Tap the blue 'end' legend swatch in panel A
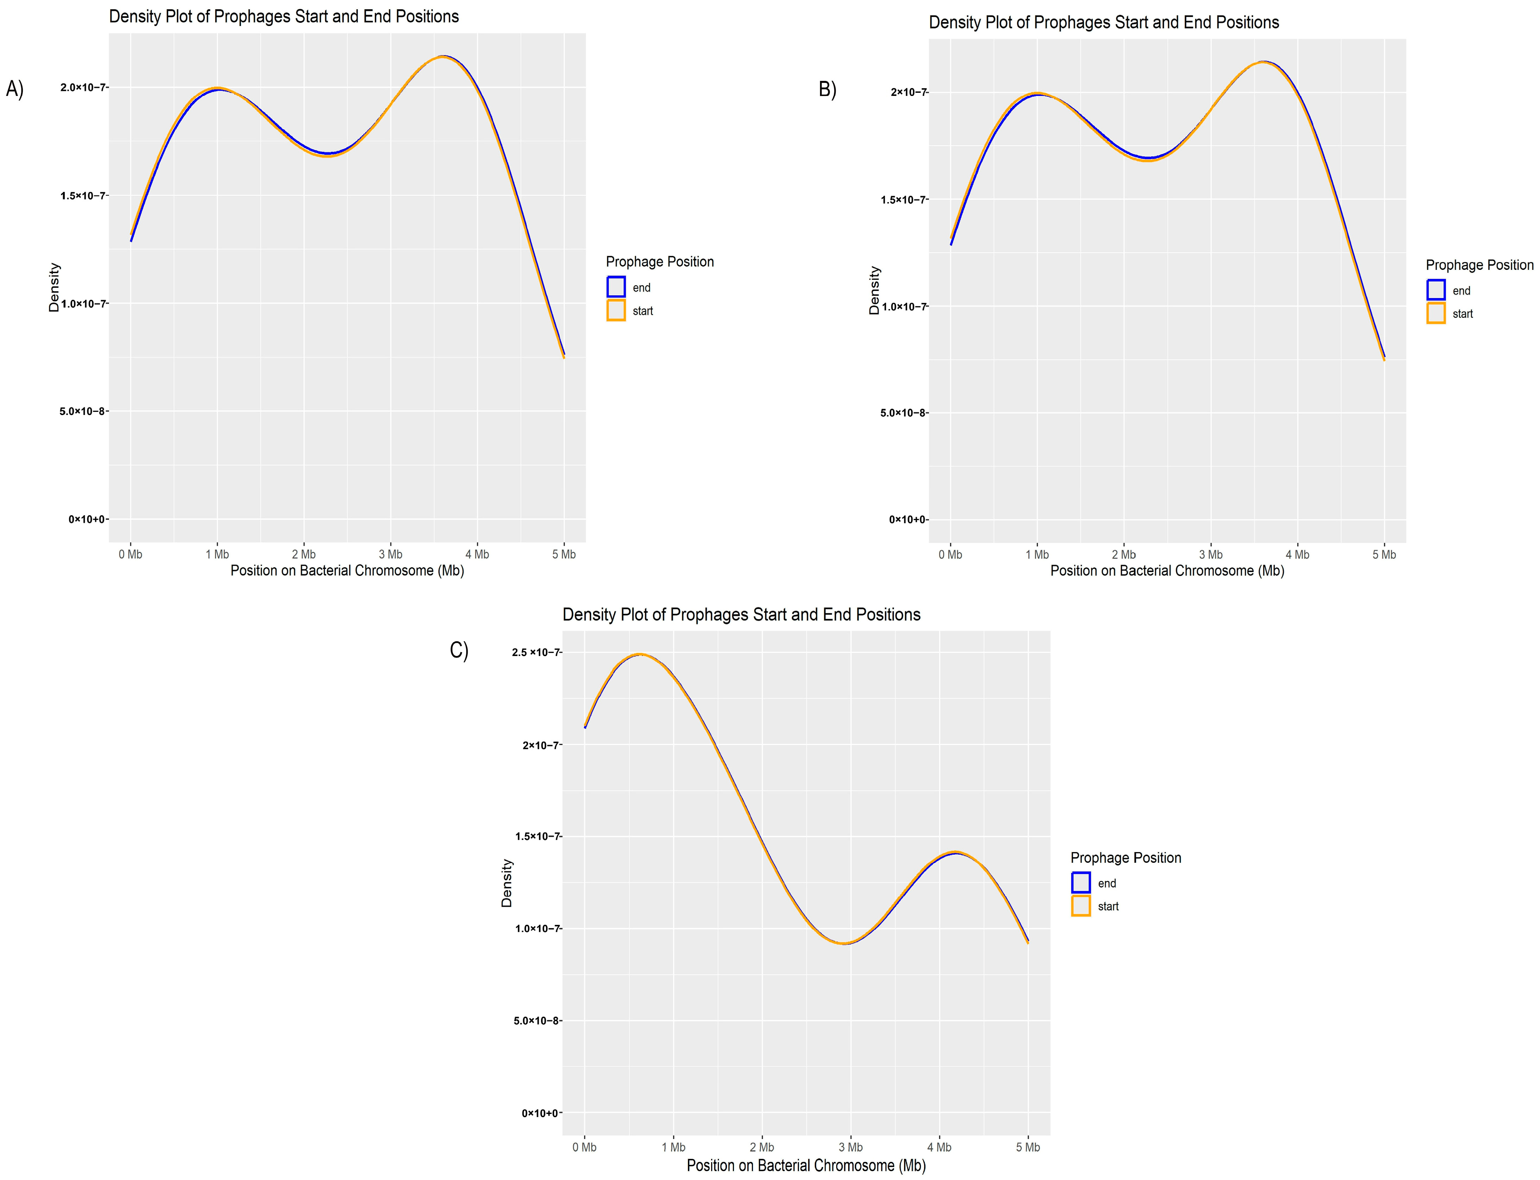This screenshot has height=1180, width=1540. pyautogui.click(x=616, y=287)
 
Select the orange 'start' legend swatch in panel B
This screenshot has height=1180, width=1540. pyautogui.click(x=1435, y=313)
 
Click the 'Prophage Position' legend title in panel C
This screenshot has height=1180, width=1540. pyautogui.click(x=1125, y=858)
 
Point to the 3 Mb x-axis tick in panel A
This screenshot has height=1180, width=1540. pyautogui.click(x=390, y=554)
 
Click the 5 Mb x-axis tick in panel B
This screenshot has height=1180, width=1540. pyautogui.click(x=1383, y=554)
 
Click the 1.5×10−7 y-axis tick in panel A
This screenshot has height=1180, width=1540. pyautogui.click(x=84, y=195)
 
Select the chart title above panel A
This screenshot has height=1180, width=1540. pyautogui.click(x=284, y=16)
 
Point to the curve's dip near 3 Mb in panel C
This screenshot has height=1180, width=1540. pyautogui.click(x=846, y=943)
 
